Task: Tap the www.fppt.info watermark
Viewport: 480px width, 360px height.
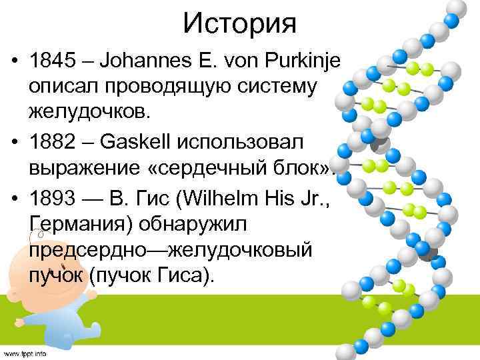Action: pos(25,352)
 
